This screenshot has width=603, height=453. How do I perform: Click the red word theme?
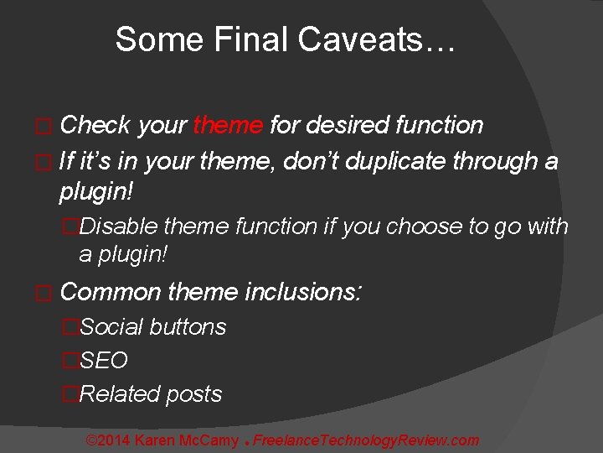coord(228,126)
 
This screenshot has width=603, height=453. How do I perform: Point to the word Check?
coord(95,126)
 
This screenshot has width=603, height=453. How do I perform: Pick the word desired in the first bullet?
coord(346,126)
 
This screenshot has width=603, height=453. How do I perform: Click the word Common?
coord(111,292)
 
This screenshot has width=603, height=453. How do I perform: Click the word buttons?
coord(188,327)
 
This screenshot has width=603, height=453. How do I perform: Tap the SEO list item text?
coord(104,361)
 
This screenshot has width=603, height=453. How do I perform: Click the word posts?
coord(193,394)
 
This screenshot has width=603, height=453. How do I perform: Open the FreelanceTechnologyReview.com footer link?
coord(366,440)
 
